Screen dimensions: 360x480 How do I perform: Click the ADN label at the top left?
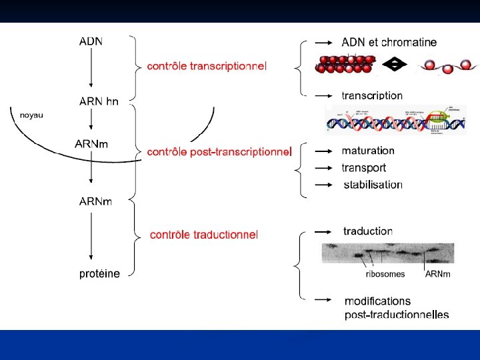point(91,41)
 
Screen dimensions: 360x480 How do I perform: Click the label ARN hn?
point(99,102)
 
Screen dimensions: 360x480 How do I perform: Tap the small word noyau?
point(31,115)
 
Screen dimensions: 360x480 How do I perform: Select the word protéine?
point(99,273)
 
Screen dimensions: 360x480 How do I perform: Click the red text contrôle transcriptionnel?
point(207,66)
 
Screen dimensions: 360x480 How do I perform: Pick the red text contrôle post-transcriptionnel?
point(219,152)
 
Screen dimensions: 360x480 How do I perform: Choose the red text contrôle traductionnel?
point(204,234)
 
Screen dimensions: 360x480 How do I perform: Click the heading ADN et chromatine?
point(389,42)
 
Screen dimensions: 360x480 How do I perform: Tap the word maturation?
point(368,151)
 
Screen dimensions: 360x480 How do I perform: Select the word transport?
point(364,167)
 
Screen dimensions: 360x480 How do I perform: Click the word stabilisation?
point(373,184)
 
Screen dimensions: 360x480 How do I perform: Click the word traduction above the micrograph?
point(368,231)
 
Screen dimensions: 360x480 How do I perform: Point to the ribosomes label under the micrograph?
point(385,274)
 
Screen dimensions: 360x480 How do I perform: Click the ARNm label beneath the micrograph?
point(437,274)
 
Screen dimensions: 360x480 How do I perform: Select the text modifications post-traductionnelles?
point(396,308)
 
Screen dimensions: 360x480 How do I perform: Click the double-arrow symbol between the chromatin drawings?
point(397,65)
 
